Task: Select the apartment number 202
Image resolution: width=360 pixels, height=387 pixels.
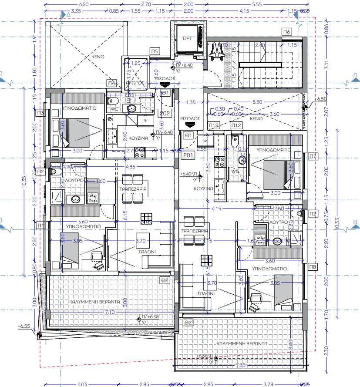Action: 165,114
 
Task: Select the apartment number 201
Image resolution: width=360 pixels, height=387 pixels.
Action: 188,155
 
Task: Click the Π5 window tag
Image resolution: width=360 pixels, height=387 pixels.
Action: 155,51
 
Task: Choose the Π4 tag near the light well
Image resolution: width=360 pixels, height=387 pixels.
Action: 112,83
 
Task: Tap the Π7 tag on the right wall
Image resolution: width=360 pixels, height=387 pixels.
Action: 313,156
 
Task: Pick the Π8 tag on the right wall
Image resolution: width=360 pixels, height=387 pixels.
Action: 313,266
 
